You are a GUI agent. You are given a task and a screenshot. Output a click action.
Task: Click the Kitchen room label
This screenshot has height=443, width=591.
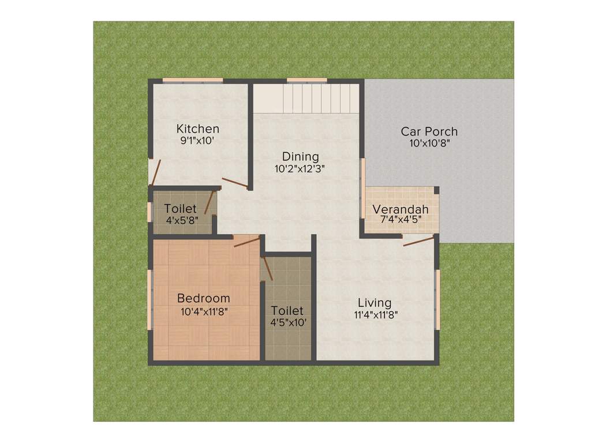197,129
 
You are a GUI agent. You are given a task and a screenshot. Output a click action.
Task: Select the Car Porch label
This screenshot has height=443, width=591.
429,132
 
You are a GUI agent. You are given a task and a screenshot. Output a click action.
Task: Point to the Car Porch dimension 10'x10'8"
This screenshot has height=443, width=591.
429,144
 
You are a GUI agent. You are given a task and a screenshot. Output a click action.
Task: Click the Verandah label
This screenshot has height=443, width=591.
400,209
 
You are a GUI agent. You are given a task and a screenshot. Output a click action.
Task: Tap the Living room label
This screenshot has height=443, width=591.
374,303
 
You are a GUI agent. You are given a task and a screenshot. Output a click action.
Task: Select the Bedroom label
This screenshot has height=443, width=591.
203,298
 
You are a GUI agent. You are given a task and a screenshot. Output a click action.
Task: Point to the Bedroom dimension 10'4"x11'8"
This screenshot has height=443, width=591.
203,311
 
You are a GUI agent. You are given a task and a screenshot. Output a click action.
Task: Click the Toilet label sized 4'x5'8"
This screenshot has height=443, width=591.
180,208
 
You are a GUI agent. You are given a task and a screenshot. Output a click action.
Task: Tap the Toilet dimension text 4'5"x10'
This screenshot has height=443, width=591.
288,323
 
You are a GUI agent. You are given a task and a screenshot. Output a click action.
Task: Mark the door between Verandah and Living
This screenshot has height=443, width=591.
418,241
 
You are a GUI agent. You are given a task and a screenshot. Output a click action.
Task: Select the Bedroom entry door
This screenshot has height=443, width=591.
247,241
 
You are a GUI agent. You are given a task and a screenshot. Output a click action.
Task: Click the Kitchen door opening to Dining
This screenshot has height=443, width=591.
235,183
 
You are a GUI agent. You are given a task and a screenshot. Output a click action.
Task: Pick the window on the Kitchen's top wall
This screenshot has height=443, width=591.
192,80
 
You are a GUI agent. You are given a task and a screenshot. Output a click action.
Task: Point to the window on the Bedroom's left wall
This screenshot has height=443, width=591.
150,299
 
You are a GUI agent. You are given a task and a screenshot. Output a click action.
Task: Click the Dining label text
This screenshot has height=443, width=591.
300,156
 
